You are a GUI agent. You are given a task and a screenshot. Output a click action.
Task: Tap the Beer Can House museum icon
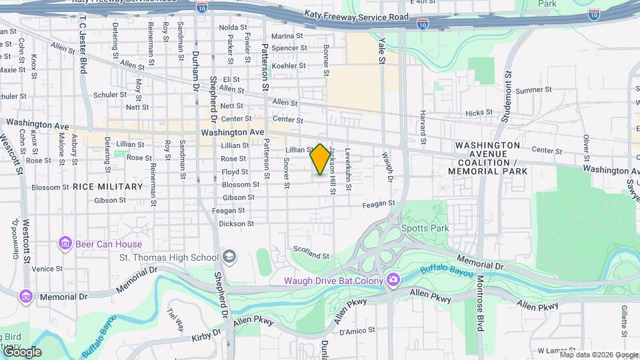(x=65, y=244)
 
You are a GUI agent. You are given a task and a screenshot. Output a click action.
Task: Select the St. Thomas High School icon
(x=229, y=257)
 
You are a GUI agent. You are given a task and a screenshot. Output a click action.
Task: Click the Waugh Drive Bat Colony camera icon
(x=393, y=280)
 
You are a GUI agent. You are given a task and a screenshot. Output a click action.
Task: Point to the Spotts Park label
(x=425, y=228)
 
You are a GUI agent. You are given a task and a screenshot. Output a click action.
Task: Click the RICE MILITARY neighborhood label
(x=108, y=187)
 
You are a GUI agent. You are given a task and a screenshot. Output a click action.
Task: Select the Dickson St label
(x=237, y=224)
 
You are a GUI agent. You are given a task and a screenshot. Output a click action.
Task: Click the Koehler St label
(x=289, y=66)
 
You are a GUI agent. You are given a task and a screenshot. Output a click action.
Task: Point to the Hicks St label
(x=479, y=113)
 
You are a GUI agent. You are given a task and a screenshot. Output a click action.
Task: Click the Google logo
(x=22, y=352)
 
